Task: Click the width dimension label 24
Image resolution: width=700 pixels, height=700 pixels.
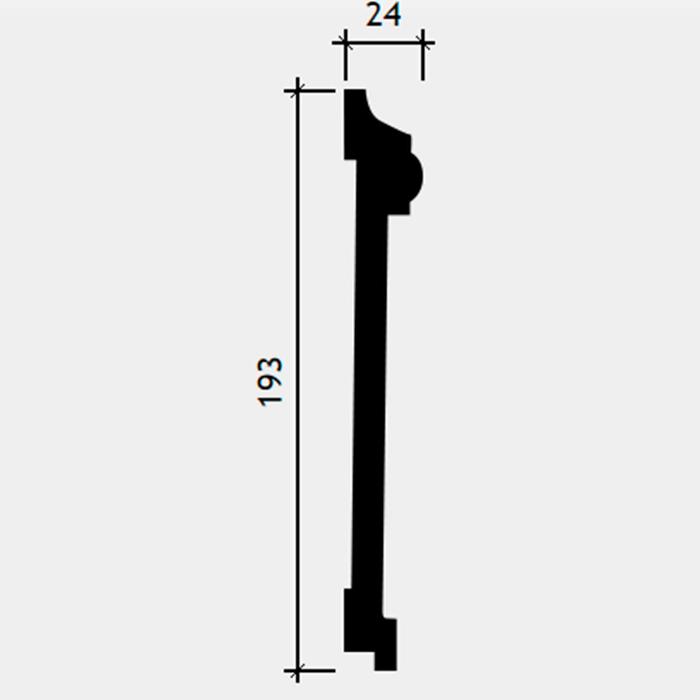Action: [383, 15]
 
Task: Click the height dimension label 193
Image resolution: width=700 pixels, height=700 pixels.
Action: [269, 382]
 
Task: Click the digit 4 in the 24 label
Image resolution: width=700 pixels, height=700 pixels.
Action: [393, 15]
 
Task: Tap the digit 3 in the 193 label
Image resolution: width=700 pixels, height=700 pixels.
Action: [269, 366]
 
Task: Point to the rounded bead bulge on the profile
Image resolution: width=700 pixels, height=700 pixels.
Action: [416, 177]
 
